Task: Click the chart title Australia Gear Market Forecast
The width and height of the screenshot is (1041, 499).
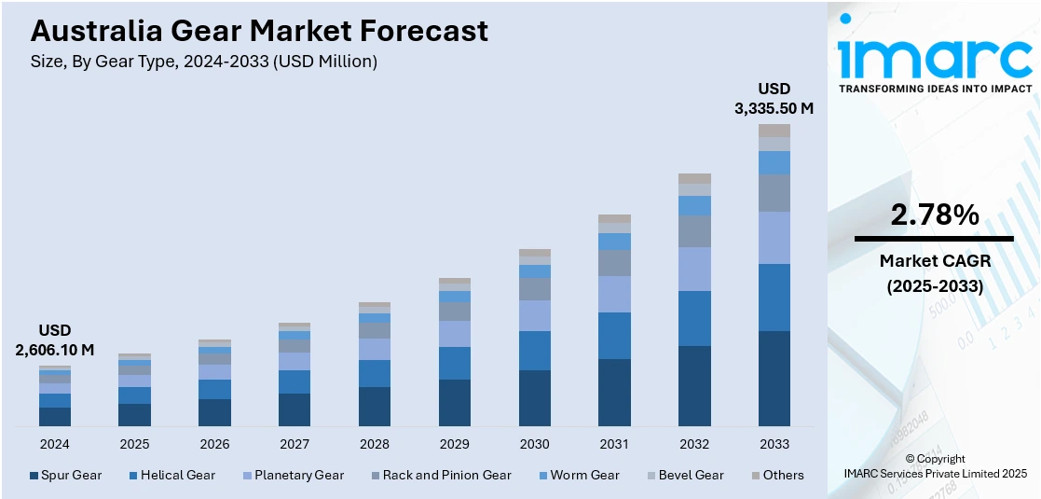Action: [x=259, y=31]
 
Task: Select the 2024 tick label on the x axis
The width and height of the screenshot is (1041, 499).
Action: [x=55, y=444]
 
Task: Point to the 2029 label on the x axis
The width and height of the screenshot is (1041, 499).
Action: [x=455, y=444]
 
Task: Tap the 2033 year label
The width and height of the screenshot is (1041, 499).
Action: [x=774, y=444]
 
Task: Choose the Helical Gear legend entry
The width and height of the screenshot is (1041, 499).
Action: [x=171, y=475]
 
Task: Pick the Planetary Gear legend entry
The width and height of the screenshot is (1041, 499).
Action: [x=291, y=475]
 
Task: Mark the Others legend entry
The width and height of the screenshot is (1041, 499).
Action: [x=777, y=475]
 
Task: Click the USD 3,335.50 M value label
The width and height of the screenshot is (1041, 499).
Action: [x=774, y=98]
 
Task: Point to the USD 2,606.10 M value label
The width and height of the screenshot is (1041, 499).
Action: [x=55, y=340]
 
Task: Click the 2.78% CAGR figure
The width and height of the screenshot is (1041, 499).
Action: [x=935, y=215]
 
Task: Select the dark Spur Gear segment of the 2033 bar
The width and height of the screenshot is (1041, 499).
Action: [x=774, y=379]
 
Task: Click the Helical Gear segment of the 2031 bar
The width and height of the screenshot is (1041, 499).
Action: [x=614, y=336]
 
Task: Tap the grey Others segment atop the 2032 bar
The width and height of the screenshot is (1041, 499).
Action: [x=694, y=178]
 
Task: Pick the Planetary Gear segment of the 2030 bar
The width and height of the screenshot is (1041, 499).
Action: [x=535, y=315]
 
